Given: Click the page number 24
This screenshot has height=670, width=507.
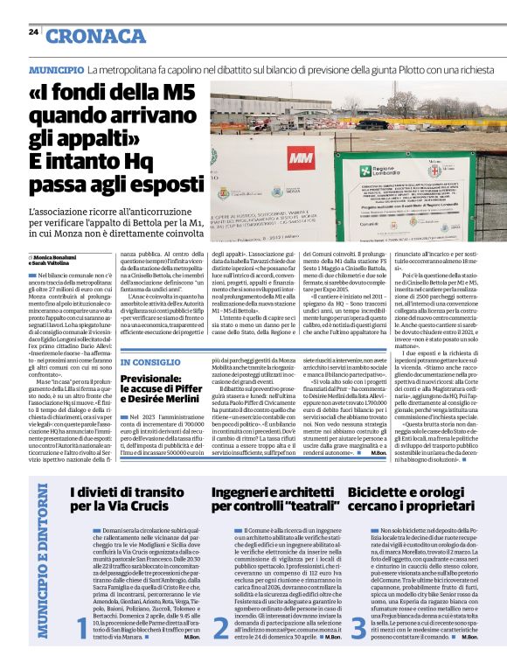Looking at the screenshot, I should pos(33,32).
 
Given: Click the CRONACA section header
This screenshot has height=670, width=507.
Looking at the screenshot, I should pos(96,36).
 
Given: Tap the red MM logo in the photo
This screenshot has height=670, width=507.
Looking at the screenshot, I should pos(301,158).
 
